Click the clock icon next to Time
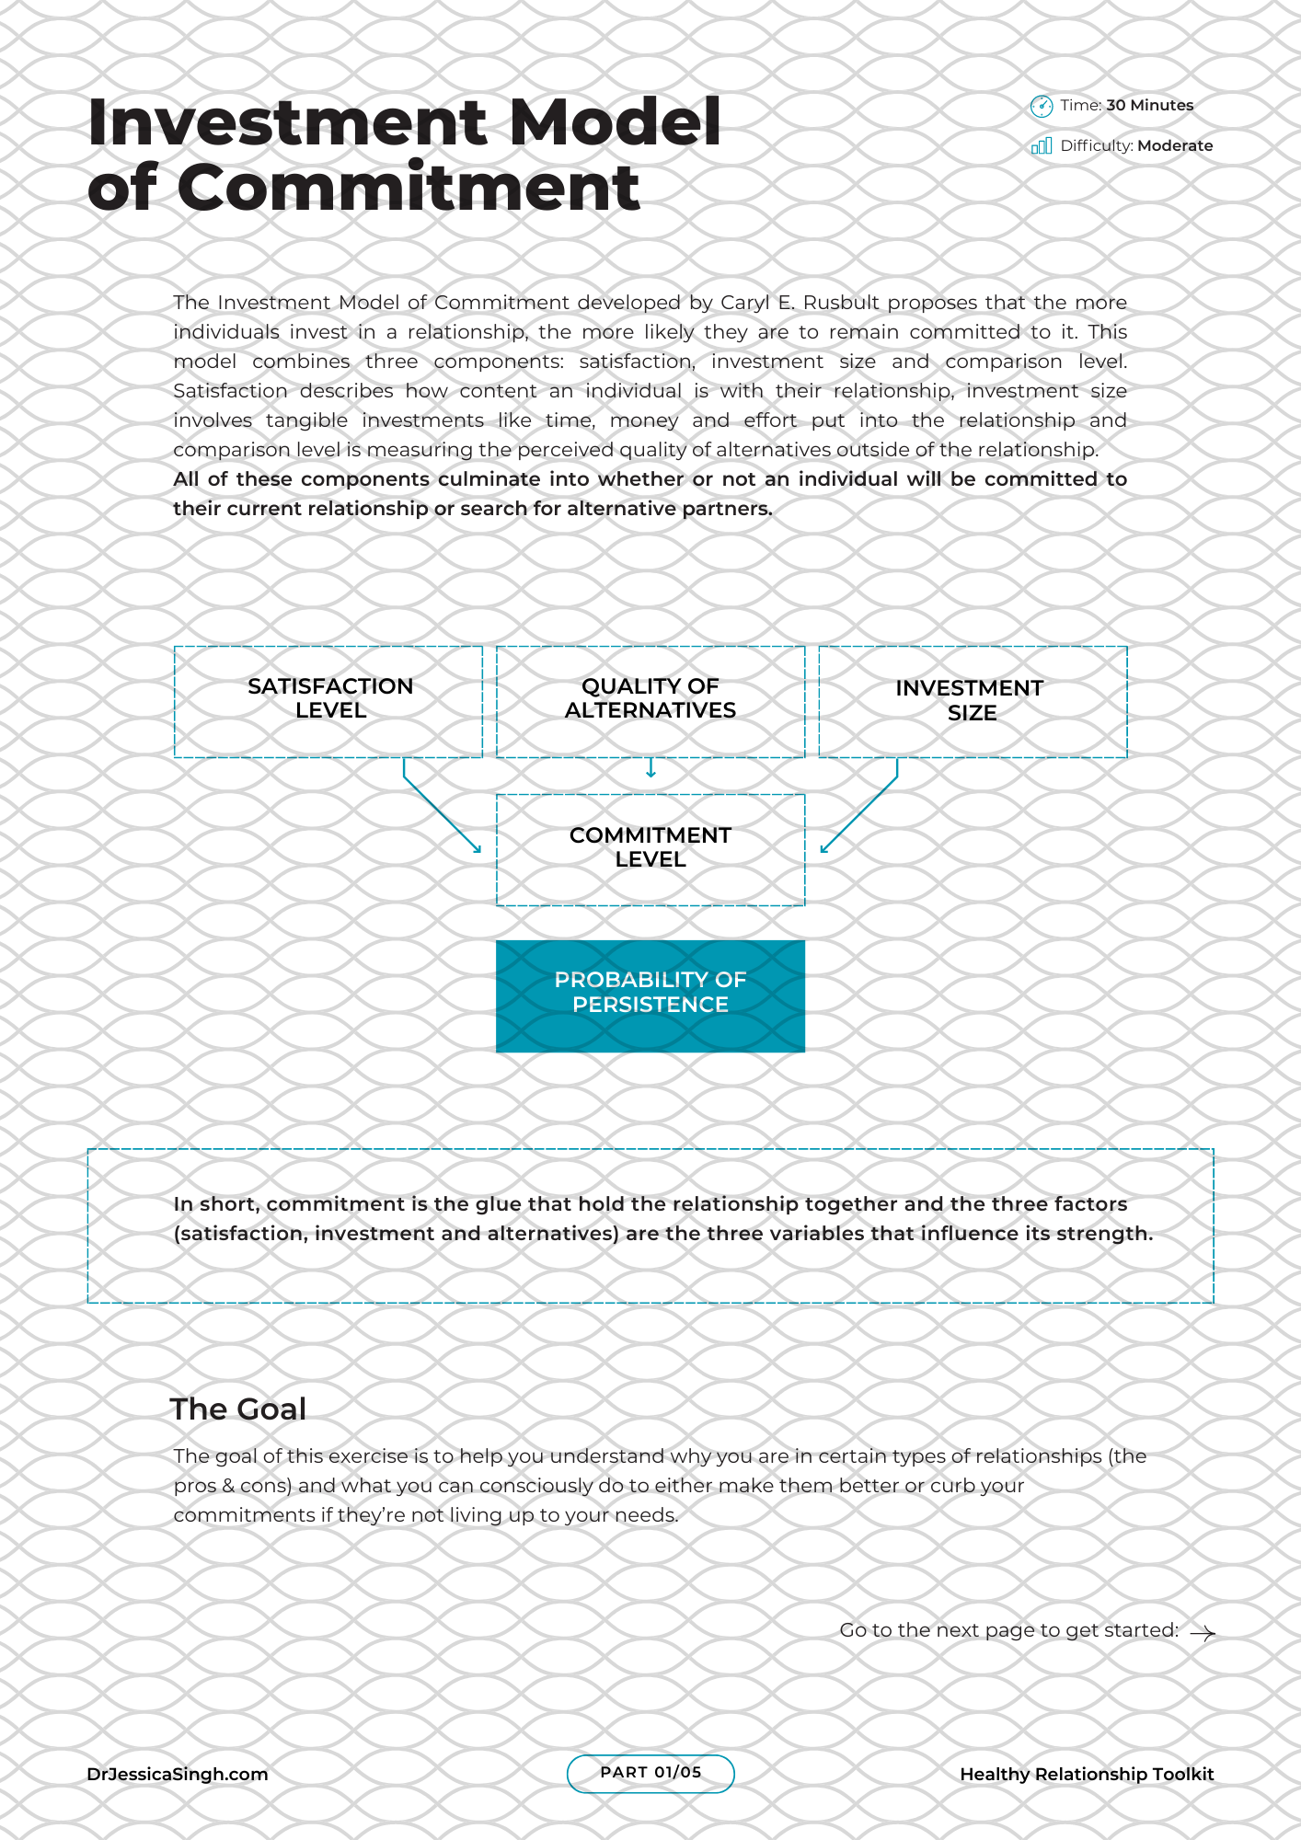pos(1041,107)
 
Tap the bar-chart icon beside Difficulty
pos(1042,146)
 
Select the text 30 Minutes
pos(1149,106)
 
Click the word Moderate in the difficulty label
pos(1175,146)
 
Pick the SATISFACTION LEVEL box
pos(328,701)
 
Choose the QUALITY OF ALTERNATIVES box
pos(650,701)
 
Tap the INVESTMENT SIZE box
pos(973,701)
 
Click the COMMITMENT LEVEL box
pos(650,849)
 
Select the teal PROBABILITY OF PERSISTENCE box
pos(650,995)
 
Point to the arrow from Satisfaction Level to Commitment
pos(442,814)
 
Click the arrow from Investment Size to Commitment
pos(859,814)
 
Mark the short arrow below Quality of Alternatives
pos(650,768)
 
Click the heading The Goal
pos(238,1409)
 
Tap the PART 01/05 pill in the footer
pos(650,1773)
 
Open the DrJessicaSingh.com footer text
pos(178,1775)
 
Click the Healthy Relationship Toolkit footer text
pos(1087,1775)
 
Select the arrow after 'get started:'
pos(1203,1633)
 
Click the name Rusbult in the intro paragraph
pos(841,303)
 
